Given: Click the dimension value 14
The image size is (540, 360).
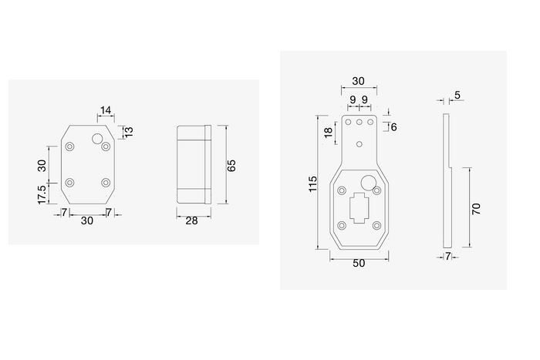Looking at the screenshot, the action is [106, 110].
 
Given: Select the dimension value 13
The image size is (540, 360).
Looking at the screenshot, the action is [129, 132].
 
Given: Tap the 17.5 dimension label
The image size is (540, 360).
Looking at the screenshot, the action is [42, 194].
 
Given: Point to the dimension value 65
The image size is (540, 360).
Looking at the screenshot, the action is [231, 166].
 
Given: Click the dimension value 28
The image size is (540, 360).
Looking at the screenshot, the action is [192, 220].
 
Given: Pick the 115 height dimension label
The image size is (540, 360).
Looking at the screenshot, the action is [312, 183].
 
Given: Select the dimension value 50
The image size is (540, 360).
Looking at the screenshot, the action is [359, 264].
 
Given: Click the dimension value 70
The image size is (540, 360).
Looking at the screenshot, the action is [476, 209].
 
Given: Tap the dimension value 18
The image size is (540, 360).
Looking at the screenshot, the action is [328, 133].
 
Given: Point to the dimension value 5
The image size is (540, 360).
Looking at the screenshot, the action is [457, 95].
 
